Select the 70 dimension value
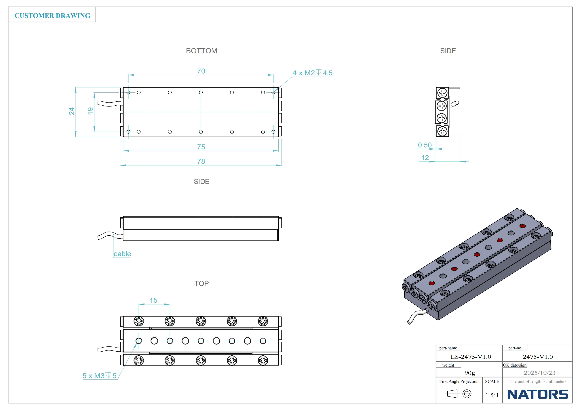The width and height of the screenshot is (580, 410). [x=201, y=71]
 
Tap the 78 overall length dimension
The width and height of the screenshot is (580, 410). [x=201, y=161]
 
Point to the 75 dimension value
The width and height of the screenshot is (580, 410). [x=201, y=147]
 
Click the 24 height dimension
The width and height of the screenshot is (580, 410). [x=72, y=111]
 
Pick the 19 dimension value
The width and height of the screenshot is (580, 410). [x=90, y=111]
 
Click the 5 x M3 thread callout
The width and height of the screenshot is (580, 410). [x=100, y=376]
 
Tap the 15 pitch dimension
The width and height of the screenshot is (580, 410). [x=154, y=300]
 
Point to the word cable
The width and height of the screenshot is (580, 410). [x=122, y=254]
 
